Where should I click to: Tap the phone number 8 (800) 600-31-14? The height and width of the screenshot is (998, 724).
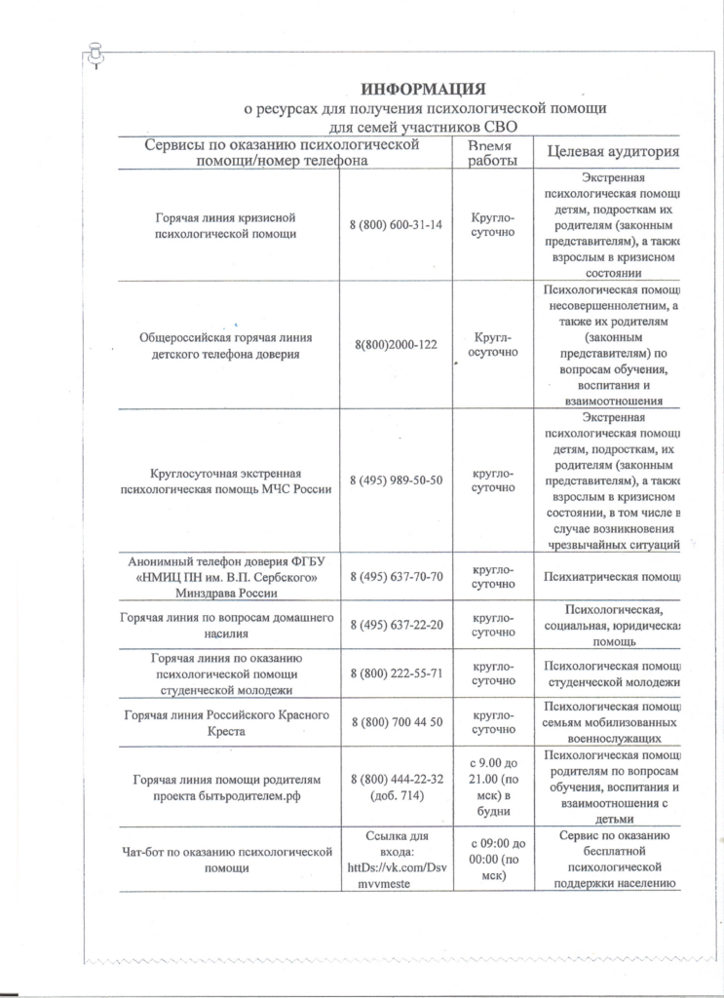pyautogui.click(x=396, y=225)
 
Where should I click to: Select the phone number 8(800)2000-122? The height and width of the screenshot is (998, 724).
pyautogui.click(x=396, y=344)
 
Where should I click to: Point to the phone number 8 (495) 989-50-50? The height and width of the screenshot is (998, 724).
pyautogui.click(x=396, y=480)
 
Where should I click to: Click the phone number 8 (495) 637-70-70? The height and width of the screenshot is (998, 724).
pyautogui.click(x=396, y=577)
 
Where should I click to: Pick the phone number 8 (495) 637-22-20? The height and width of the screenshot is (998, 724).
pyautogui.click(x=396, y=624)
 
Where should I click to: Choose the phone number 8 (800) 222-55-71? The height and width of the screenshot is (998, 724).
pyautogui.click(x=396, y=672)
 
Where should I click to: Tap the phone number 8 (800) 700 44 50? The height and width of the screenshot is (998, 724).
pyautogui.click(x=396, y=721)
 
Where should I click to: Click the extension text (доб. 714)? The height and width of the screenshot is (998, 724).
pyautogui.click(x=396, y=795)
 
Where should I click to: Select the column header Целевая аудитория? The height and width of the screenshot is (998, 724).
pyautogui.click(x=612, y=153)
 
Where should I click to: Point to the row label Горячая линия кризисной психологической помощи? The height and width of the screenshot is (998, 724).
pyautogui.click(x=226, y=225)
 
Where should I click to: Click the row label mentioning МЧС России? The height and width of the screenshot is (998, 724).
pyautogui.click(x=226, y=480)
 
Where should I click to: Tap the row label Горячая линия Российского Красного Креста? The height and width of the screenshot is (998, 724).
pyautogui.click(x=226, y=721)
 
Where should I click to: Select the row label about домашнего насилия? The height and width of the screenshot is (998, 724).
pyautogui.click(x=226, y=624)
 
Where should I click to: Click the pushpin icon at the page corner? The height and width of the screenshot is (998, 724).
pyautogui.click(x=95, y=55)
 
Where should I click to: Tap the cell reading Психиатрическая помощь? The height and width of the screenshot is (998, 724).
pyautogui.click(x=613, y=577)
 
